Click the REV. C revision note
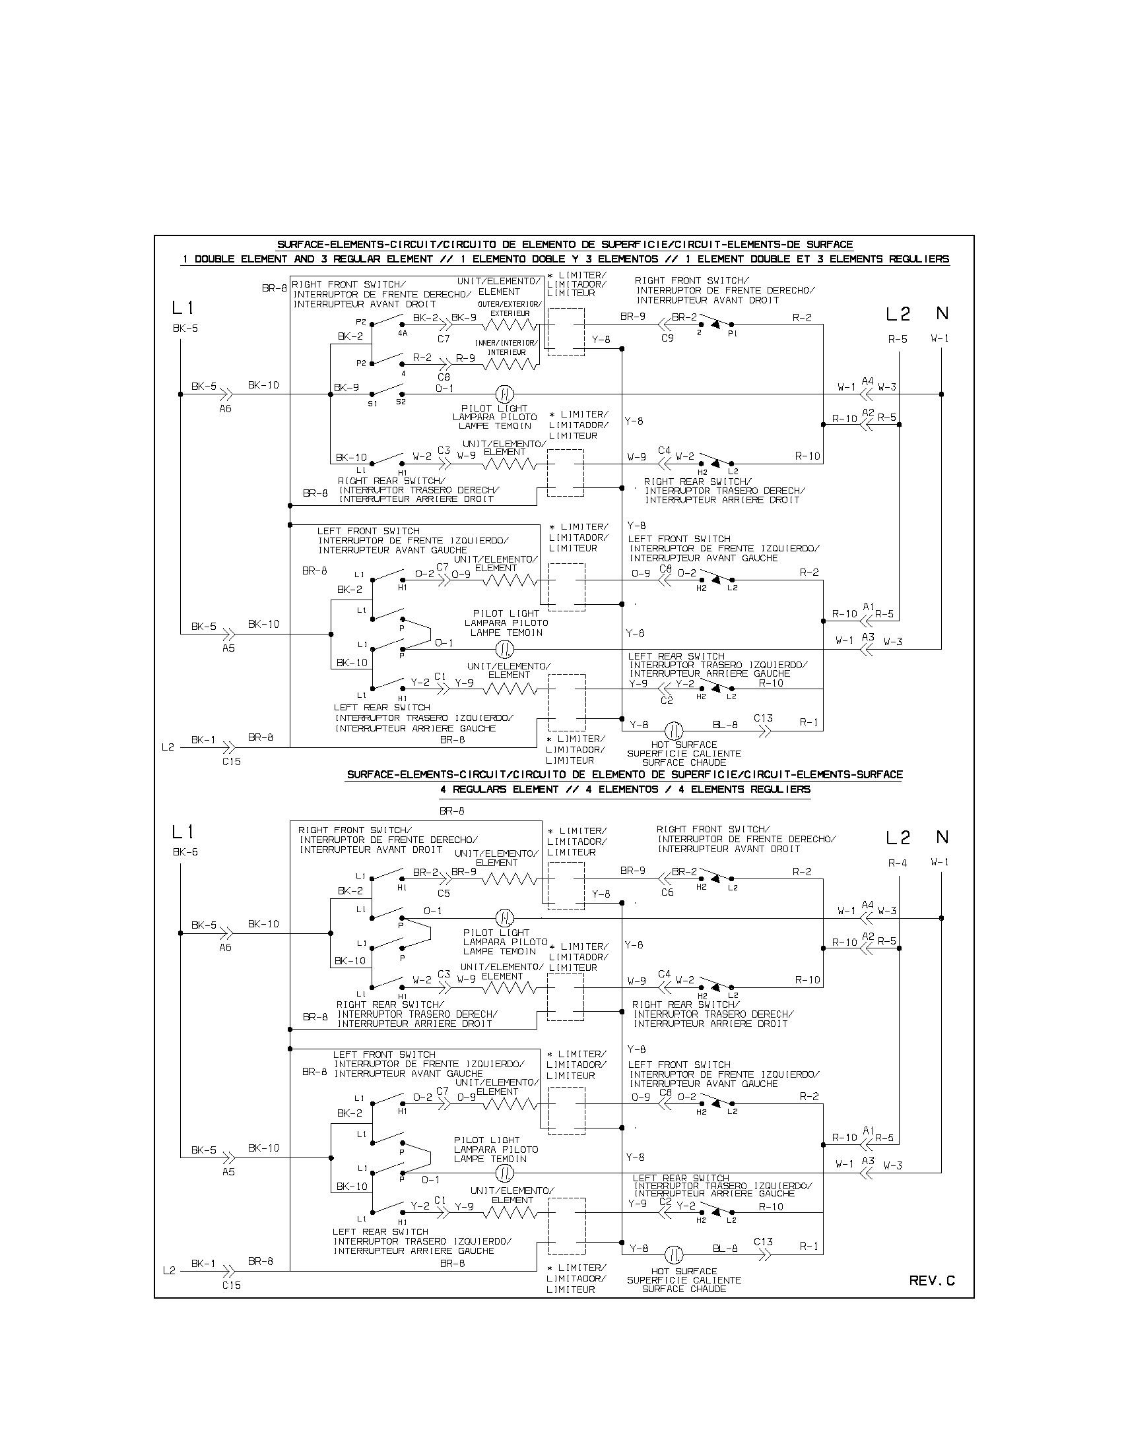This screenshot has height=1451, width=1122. click(x=932, y=1281)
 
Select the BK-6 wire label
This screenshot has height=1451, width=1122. click(x=185, y=852)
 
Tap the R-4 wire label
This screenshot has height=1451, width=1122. click(x=898, y=863)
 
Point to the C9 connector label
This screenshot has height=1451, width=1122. click(x=667, y=338)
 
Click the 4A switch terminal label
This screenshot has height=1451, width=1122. click(x=403, y=334)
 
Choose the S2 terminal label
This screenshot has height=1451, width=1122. click(x=401, y=402)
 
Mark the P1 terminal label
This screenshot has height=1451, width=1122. click(x=732, y=334)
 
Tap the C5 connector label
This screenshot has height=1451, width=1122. click(x=444, y=894)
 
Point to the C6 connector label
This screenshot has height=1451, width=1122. click(x=667, y=892)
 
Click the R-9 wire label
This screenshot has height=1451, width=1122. click(x=465, y=358)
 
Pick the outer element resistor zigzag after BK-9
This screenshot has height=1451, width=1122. click(x=508, y=325)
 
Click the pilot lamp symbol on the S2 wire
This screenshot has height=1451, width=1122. click(x=504, y=394)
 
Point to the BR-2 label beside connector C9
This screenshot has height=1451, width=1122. click(x=684, y=318)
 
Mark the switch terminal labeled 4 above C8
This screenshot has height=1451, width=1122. click(x=402, y=373)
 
